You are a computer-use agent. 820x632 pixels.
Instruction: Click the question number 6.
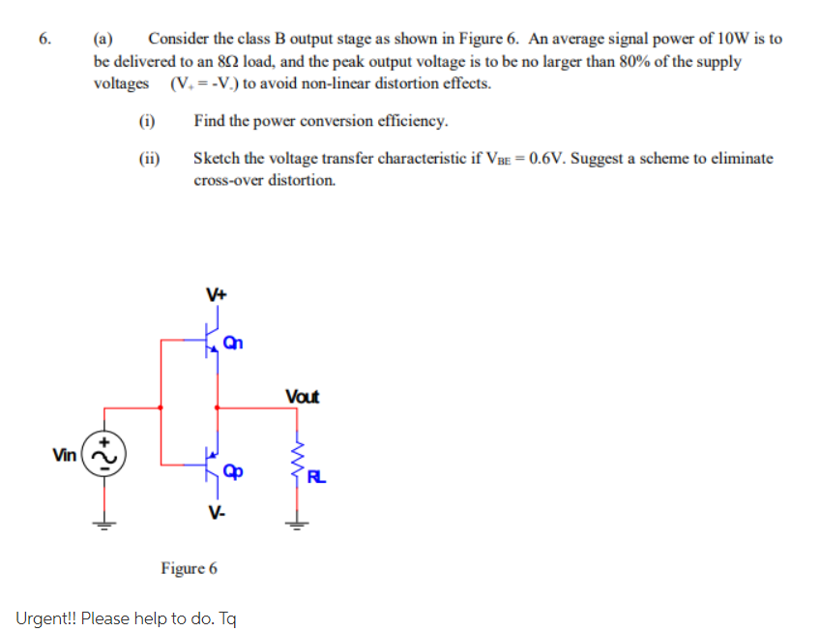coord(43,40)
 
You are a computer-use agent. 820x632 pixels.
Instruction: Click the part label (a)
coord(102,40)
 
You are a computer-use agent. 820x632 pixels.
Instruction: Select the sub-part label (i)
coord(147,121)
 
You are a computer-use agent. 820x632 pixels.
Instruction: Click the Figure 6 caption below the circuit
coord(189,567)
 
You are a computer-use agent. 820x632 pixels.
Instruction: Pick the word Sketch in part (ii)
coord(216,159)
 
